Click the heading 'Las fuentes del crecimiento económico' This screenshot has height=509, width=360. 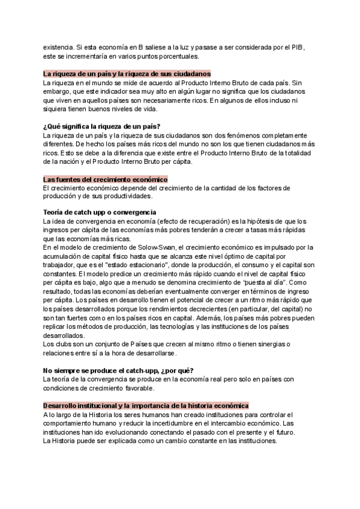tap(105, 179)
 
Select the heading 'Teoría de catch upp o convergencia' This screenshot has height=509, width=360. tap(100, 212)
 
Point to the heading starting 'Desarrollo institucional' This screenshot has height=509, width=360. tap(146, 406)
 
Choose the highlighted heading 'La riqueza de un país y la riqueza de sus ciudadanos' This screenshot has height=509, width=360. tap(127, 73)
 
